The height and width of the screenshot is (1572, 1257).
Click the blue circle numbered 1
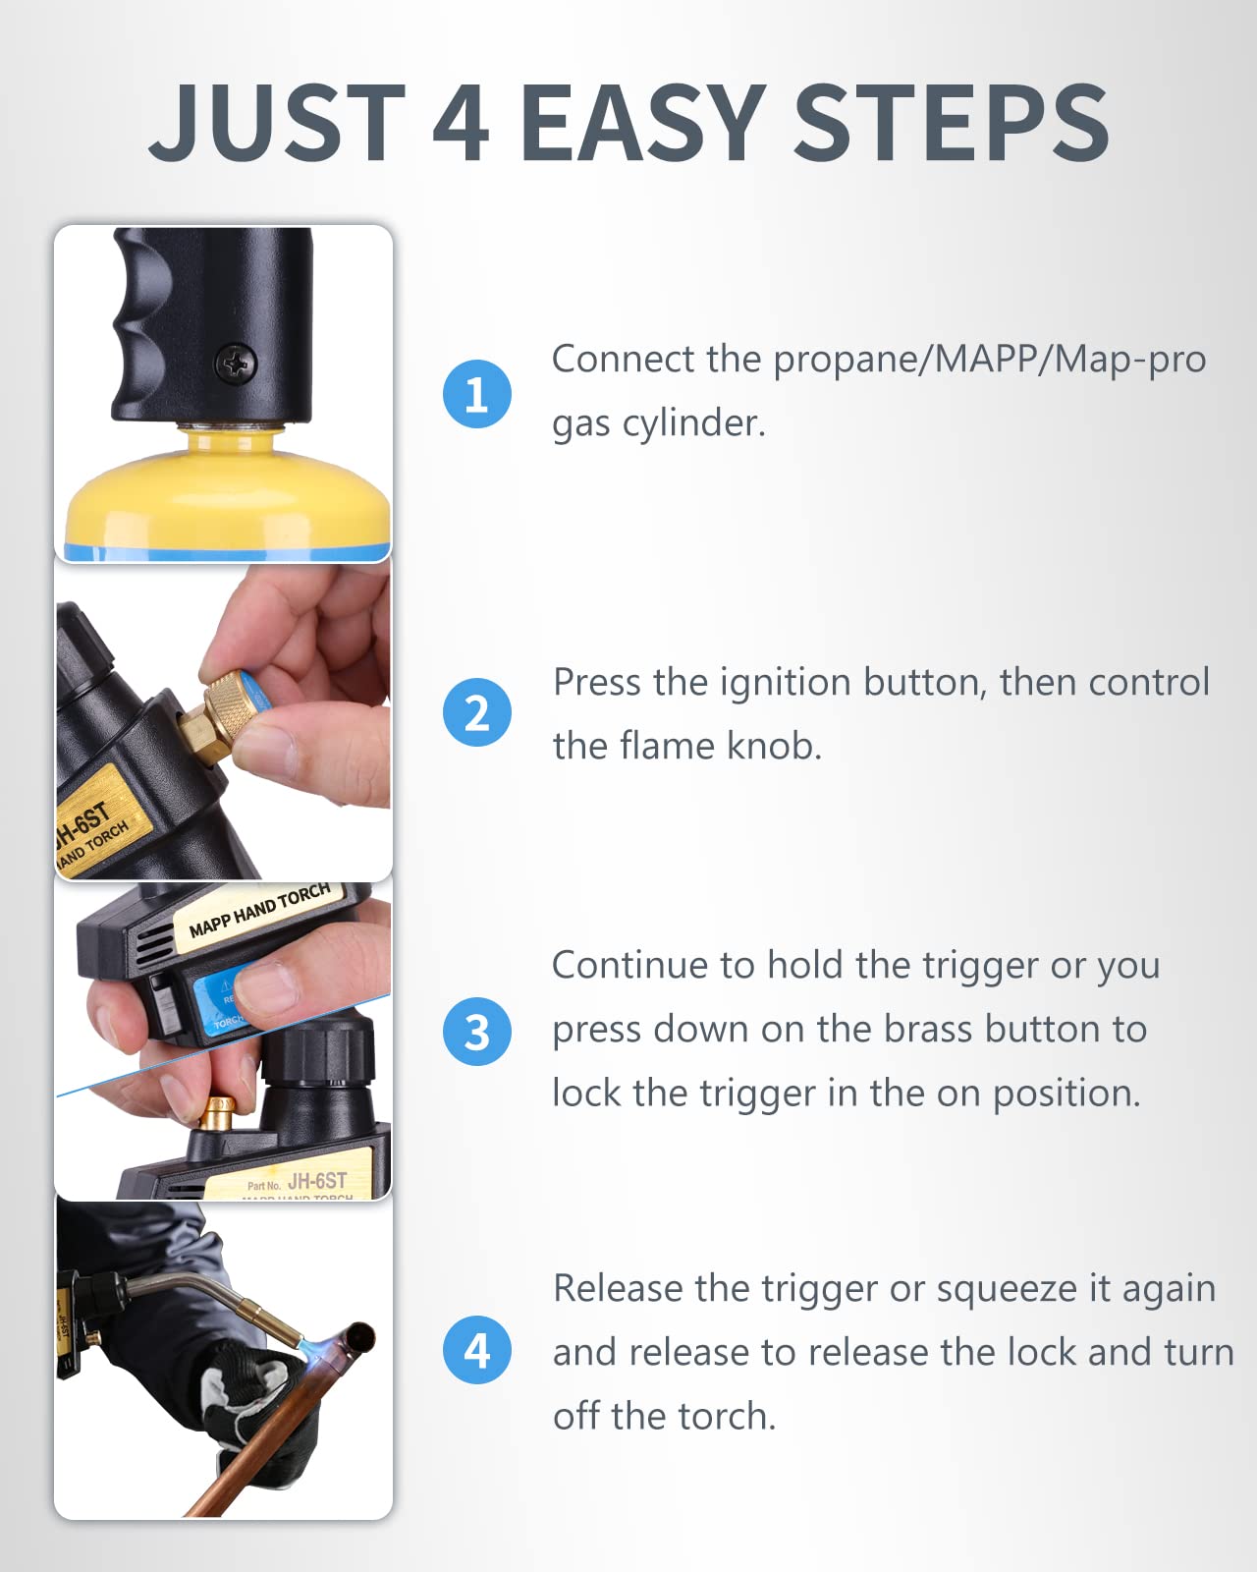pos(476,394)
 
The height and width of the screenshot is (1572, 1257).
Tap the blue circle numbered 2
pos(476,713)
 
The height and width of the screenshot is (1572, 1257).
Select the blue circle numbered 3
pos(476,1032)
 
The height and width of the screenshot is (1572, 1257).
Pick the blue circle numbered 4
pos(476,1351)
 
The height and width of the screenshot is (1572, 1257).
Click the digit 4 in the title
pos(460,124)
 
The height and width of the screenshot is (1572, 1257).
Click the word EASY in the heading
pos(643,124)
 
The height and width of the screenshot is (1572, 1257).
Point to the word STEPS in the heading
pos(951,124)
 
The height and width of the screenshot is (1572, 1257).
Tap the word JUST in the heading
pos(277,124)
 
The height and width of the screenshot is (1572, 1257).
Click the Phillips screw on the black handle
pos(236,365)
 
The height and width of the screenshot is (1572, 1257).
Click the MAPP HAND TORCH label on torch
pos(259,911)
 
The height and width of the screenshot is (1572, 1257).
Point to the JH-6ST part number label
pos(316,1180)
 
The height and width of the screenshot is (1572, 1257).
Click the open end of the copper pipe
pos(359,1337)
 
